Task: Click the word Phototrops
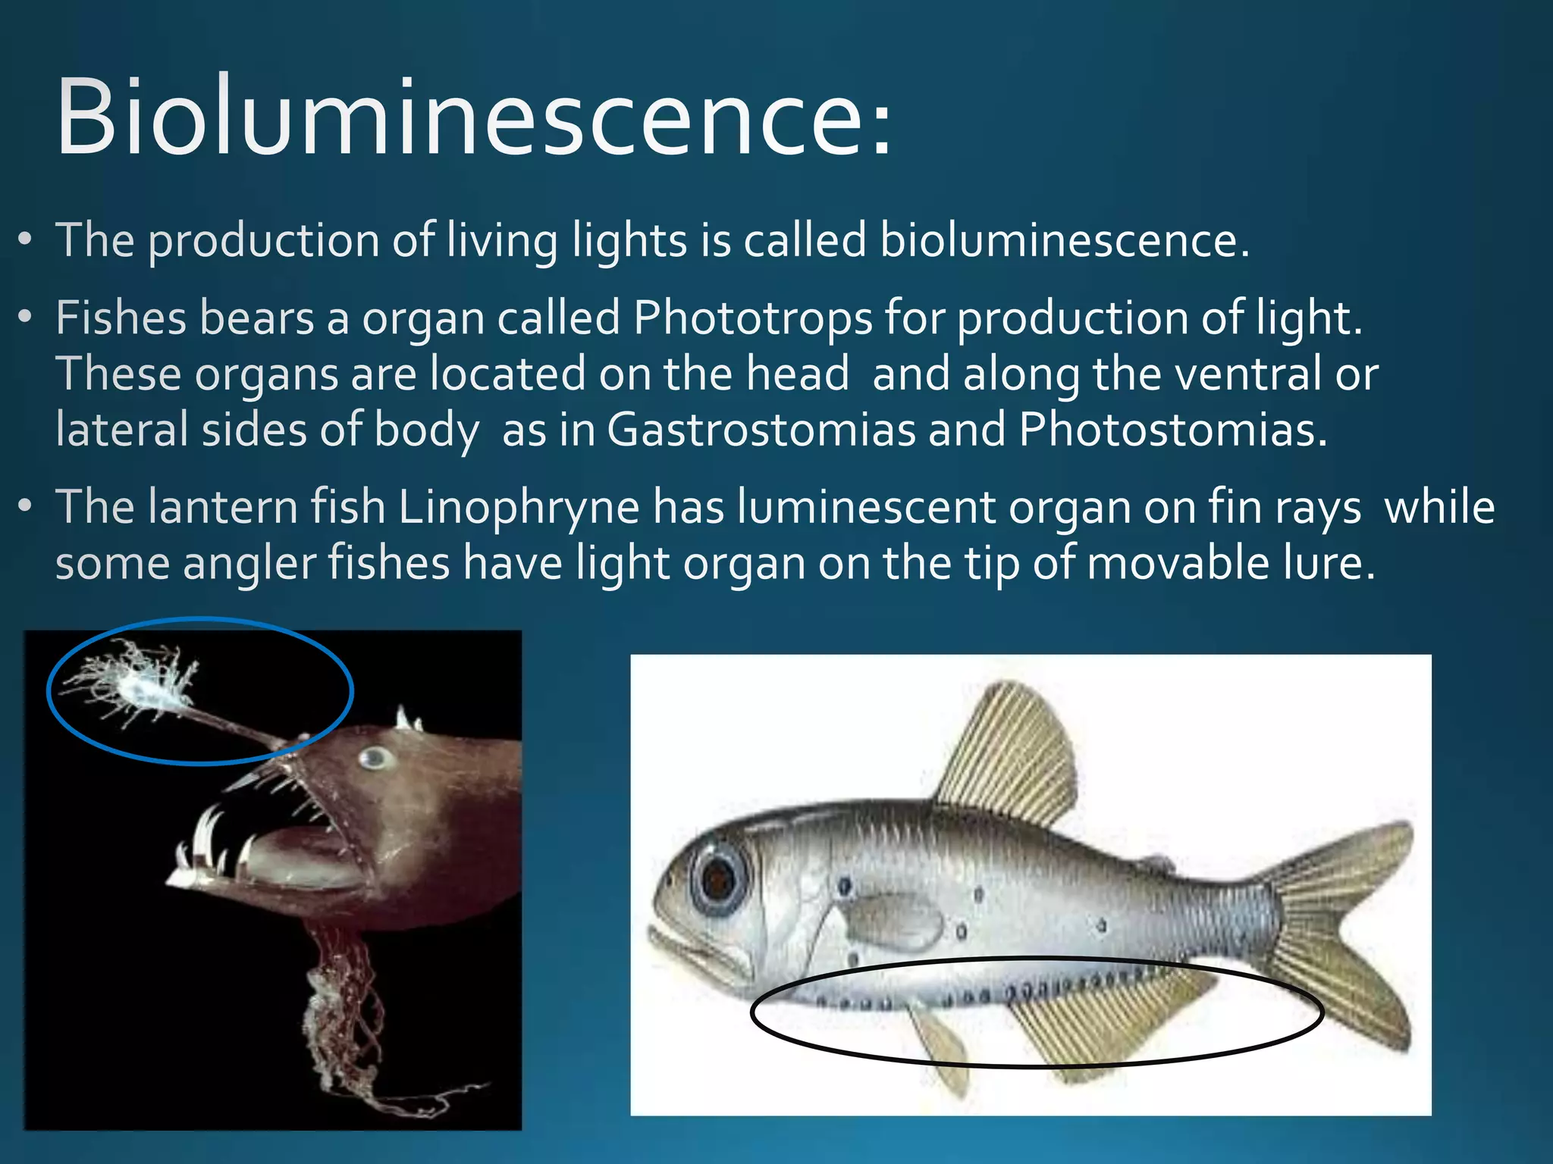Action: click(x=752, y=318)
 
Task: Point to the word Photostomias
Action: click(x=1172, y=430)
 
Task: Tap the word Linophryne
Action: click(x=519, y=508)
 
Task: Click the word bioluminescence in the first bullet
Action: click(x=1063, y=241)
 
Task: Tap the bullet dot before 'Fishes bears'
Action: click(x=26, y=317)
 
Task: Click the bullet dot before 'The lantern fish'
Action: click(x=26, y=505)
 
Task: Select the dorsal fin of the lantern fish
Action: click(x=1009, y=750)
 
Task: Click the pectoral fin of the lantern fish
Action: click(x=891, y=921)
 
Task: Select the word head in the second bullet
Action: click(x=797, y=374)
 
